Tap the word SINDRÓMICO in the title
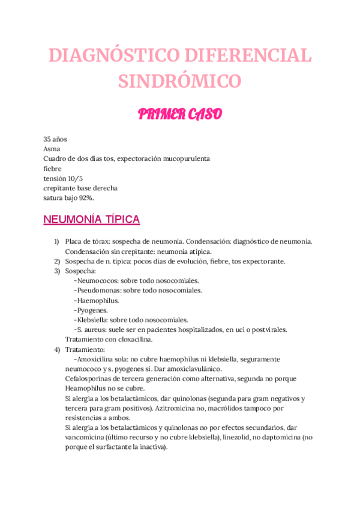coord(179,80)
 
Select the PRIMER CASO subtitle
coord(179,113)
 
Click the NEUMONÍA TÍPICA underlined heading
coord(91,220)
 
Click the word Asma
coord(52,148)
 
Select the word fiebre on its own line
coord(53,168)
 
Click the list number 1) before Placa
coord(56,241)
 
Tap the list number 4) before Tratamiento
coord(56,349)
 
